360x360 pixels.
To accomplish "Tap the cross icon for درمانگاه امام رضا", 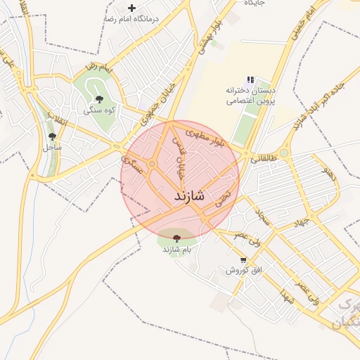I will [131, 8].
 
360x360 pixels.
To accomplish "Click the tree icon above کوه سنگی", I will [98, 99].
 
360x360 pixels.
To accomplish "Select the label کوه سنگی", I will [98, 110].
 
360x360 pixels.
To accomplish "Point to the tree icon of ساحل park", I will [53, 136].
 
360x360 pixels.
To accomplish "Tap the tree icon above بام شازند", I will [176, 238].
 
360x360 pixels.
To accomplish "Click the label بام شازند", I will [177, 250].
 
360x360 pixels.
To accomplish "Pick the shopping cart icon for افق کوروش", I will [243, 259].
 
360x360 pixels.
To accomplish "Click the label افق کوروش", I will [243, 270].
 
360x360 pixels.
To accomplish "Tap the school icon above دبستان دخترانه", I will [250, 80].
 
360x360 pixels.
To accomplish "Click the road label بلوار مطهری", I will [208, 137].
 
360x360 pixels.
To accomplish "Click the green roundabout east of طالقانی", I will [284, 153].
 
